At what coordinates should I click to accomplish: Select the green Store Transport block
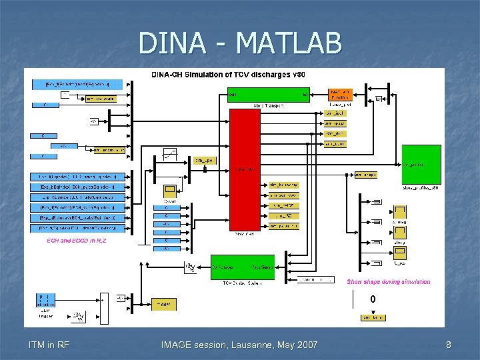(x=268, y=95)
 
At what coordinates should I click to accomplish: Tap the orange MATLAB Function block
(x=339, y=95)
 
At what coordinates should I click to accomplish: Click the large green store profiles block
(x=421, y=164)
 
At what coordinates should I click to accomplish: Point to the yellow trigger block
(x=164, y=304)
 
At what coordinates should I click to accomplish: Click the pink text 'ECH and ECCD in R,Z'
(x=76, y=240)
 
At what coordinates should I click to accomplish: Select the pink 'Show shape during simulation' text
(x=388, y=282)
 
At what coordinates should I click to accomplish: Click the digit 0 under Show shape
(x=373, y=299)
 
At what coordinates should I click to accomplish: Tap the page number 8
(x=449, y=345)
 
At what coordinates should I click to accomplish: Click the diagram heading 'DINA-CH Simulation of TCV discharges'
(x=229, y=74)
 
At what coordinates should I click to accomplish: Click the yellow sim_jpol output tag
(x=335, y=113)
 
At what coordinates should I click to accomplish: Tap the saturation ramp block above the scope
(x=170, y=154)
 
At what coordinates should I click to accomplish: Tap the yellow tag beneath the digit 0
(x=373, y=318)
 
